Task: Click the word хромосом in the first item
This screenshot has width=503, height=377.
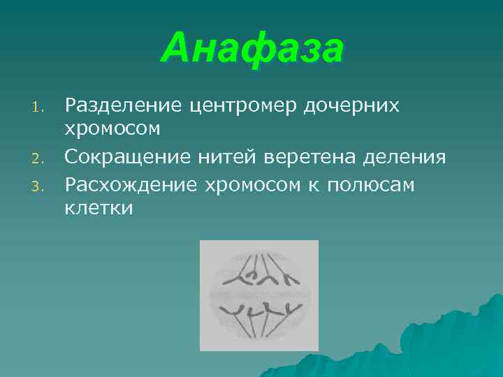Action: coord(112,130)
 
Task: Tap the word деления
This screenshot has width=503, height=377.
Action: coord(406,157)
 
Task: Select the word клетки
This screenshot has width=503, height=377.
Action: coord(99,208)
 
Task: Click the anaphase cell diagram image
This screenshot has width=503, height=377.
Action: coord(258,295)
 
